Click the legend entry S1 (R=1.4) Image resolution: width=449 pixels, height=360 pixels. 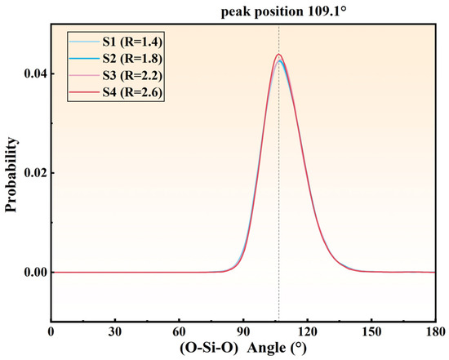point(132,42)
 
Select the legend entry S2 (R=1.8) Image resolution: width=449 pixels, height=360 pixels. point(132,59)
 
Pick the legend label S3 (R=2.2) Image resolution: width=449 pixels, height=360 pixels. point(132,75)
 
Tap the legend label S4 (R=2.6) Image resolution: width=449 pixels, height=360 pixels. point(132,92)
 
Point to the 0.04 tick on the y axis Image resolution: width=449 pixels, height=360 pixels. point(35,74)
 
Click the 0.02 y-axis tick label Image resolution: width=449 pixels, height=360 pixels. point(35,173)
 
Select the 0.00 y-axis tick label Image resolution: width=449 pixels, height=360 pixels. point(35,273)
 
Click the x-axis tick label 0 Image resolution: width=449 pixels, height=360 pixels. point(51,331)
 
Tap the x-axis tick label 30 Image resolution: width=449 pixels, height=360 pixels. point(115,331)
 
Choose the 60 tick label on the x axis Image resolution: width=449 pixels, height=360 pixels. point(180,331)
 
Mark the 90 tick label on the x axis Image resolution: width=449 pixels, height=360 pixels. point(243,331)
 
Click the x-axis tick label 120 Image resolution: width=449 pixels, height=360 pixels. point(307,331)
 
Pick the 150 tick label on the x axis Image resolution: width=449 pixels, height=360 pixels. point(371,331)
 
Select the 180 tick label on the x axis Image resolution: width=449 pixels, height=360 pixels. point(436,331)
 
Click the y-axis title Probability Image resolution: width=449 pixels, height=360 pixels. point(11,175)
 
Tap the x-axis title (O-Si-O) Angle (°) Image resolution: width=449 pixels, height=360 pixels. point(243,349)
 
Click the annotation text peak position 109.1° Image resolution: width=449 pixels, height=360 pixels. point(284,12)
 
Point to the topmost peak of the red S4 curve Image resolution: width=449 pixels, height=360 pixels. point(278,54)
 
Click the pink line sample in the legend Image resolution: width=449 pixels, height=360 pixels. point(84,75)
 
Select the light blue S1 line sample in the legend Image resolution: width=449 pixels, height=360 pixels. point(84,42)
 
